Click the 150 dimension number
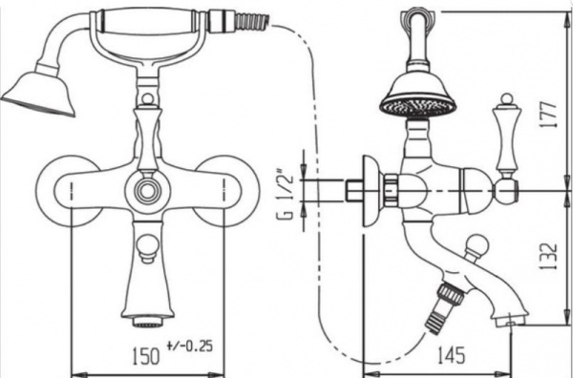coord(145,355)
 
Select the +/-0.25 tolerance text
coord(190,346)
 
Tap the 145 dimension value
coord(451,354)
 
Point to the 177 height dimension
coord(548,115)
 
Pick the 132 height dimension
coord(548,257)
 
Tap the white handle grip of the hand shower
coord(147,22)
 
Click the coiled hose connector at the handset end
coord(252,21)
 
